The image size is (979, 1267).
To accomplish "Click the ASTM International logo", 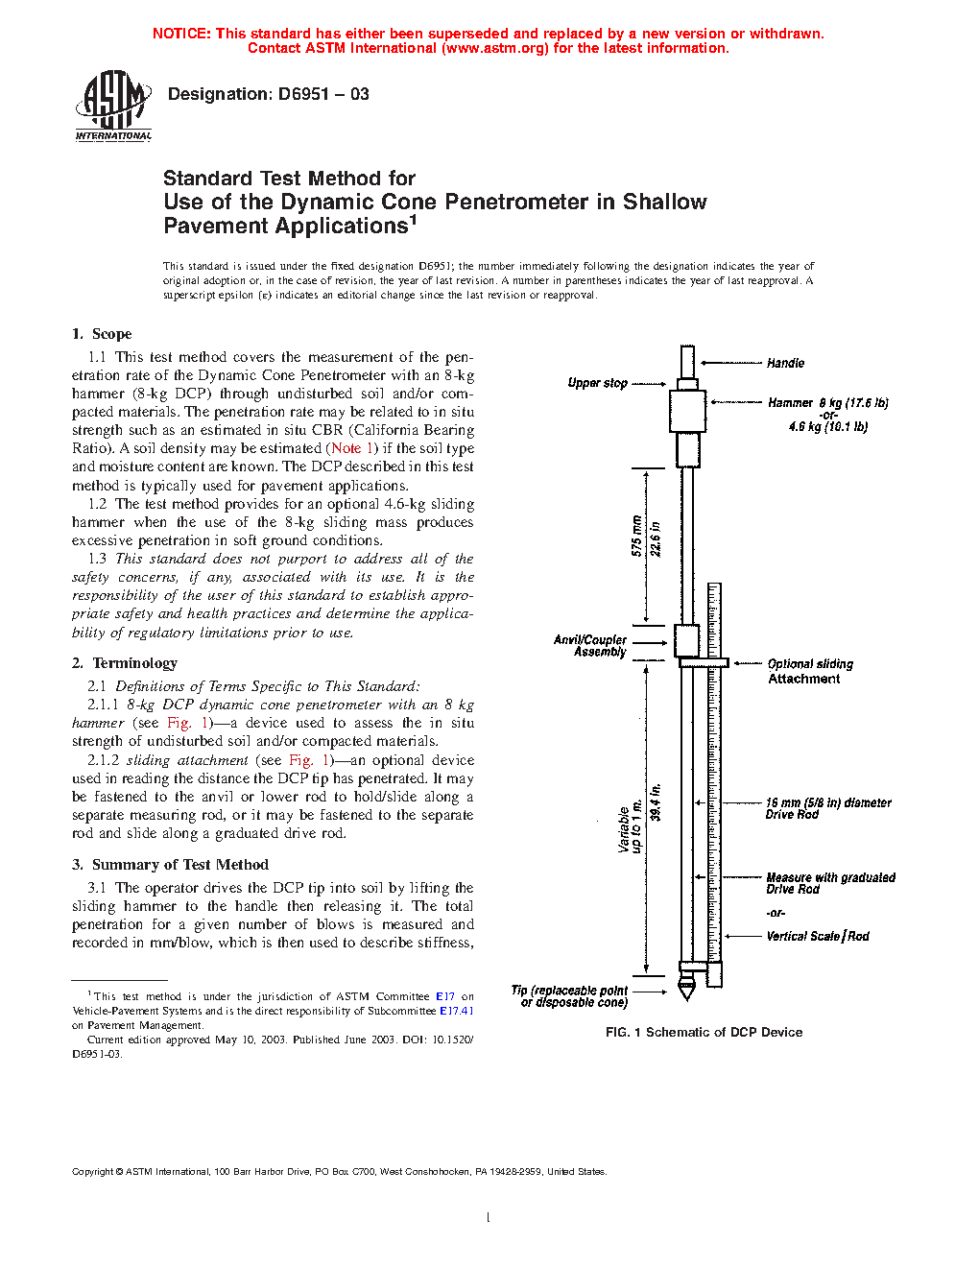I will pyautogui.click(x=113, y=106).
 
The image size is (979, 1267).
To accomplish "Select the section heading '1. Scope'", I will pyautogui.click(x=102, y=334).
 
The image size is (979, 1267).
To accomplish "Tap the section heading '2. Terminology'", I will pyautogui.click(x=125, y=663).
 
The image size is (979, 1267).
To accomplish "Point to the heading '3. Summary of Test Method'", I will pyautogui.click(x=170, y=865).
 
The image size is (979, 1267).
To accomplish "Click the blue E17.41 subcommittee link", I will pyautogui.click(x=456, y=1011).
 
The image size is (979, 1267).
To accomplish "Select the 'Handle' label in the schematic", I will pyautogui.click(x=785, y=363).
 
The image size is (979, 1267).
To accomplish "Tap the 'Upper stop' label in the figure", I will pyautogui.click(x=597, y=383).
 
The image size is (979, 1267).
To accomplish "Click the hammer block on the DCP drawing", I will pyautogui.click(x=687, y=411).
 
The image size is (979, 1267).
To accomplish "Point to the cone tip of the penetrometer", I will pyautogui.click(x=685, y=989).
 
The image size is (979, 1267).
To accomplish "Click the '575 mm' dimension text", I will pyautogui.click(x=636, y=537).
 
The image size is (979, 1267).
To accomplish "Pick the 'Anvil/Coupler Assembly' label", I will pyautogui.click(x=590, y=646).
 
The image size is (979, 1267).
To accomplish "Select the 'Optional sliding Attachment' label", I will pyautogui.click(x=809, y=671).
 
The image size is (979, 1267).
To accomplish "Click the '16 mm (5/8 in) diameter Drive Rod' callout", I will pyautogui.click(x=827, y=808).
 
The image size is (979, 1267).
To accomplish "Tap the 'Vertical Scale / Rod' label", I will pyautogui.click(x=817, y=936).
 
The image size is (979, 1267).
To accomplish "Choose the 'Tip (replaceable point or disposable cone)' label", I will pyautogui.click(x=570, y=996).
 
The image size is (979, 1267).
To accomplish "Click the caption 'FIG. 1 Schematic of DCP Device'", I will pyautogui.click(x=704, y=1033).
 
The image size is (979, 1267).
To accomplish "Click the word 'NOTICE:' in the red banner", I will pyautogui.click(x=181, y=34).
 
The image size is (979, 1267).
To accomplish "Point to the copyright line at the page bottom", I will pyautogui.click(x=339, y=1171).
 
